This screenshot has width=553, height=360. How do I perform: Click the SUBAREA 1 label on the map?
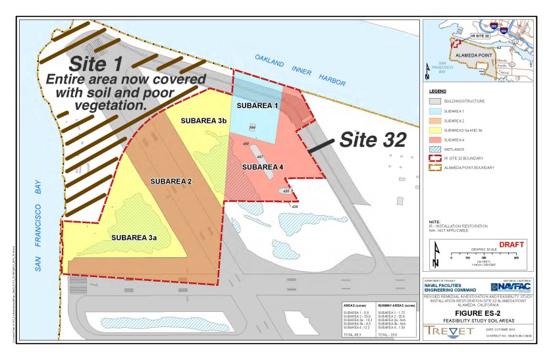[258, 105]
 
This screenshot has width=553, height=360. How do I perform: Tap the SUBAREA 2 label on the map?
[171, 181]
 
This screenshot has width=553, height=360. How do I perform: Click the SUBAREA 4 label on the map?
[263, 167]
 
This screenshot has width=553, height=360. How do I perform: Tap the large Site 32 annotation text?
[371, 140]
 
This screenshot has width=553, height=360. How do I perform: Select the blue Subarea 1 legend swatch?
[434, 111]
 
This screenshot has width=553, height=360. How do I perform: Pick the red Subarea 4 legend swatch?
[434, 140]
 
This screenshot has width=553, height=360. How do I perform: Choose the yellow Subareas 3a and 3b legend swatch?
[434, 130]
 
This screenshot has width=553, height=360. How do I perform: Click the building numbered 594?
[252, 127]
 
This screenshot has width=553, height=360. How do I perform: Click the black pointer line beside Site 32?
[323, 146]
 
